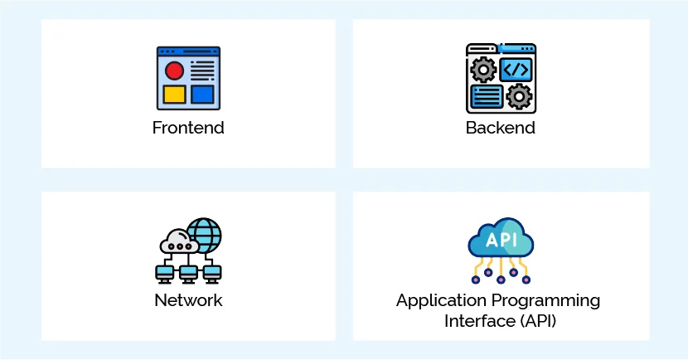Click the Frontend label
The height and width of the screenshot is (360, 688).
click(x=188, y=129)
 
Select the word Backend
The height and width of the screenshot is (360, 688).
click(x=500, y=129)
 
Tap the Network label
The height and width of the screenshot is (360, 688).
click(x=188, y=300)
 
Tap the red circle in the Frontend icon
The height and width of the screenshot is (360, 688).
click(x=174, y=70)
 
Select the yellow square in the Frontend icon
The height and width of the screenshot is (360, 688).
click(x=174, y=94)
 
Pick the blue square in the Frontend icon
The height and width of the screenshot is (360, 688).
click(x=202, y=94)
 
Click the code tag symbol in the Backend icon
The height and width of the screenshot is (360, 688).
click(x=516, y=69)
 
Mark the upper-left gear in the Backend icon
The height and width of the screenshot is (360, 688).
click(x=483, y=70)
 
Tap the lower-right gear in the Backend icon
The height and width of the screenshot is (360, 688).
click(x=519, y=96)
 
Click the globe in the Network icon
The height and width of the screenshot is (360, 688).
click(x=203, y=235)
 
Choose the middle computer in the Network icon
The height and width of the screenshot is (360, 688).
click(x=188, y=271)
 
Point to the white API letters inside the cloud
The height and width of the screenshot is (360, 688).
click(x=501, y=239)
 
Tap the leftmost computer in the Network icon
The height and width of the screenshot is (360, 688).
click(x=164, y=271)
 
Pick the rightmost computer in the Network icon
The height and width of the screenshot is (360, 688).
click(x=212, y=271)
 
